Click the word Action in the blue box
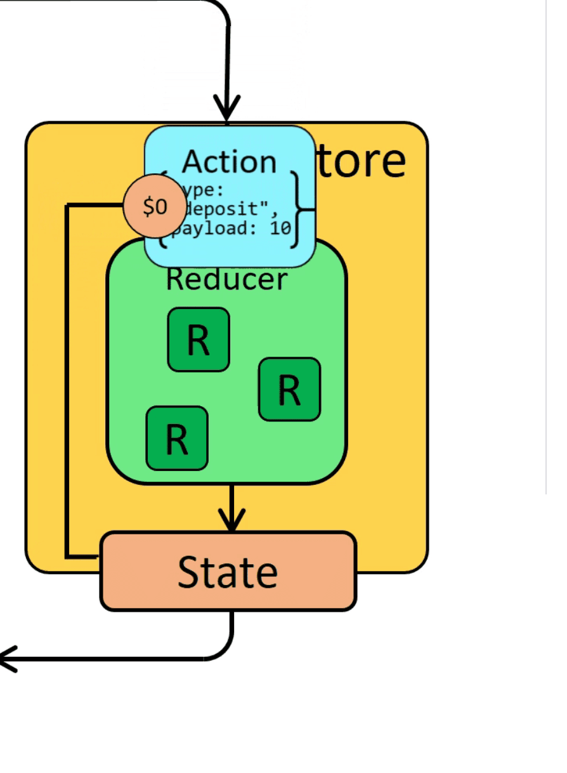(x=229, y=162)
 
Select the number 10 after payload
(x=280, y=228)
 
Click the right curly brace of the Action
(x=296, y=209)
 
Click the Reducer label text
(x=226, y=279)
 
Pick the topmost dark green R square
(x=198, y=340)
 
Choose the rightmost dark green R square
(x=289, y=389)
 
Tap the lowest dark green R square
(x=176, y=439)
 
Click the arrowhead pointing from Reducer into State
(x=231, y=519)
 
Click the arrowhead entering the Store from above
(x=226, y=107)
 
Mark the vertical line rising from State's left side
(x=67, y=381)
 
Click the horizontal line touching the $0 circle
(x=95, y=205)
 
